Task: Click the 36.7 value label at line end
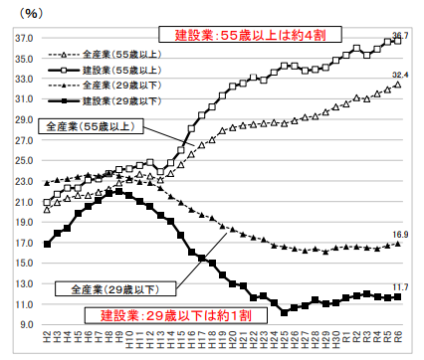(399, 36)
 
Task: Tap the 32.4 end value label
(400, 75)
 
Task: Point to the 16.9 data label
(400, 234)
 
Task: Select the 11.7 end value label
(400, 286)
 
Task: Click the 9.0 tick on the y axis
(25, 324)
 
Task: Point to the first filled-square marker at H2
(46, 244)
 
